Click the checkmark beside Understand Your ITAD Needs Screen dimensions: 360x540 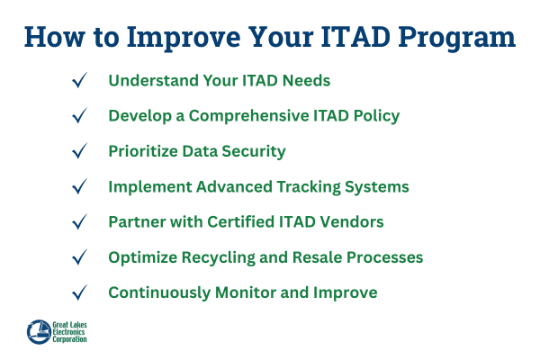pyautogui.click(x=79, y=81)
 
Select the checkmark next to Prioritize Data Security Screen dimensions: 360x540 pyautogui.click(x=79, y=151)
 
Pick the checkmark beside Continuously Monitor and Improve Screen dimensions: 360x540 pyautogui.click(x=79, y=292)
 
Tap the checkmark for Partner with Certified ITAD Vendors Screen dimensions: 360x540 pyautogui.click(x=79, y=222)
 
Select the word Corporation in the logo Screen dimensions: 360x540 pyautogui.click(x=77, y=341)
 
